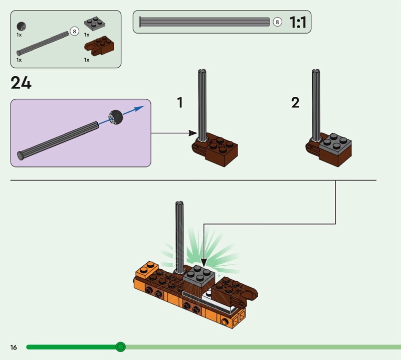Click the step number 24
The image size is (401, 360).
(x=21, y=83)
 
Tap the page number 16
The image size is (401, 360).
(x=14, y=347)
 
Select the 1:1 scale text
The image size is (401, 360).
(x=298, y=22)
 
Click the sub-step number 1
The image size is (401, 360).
(x=180, y=103)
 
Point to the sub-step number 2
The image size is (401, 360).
(x=295, y=103)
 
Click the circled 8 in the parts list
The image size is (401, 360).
(x=75, y=31)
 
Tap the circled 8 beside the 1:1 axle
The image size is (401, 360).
(x=277, y=22)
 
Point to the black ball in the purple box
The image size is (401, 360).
(x=116, y=116)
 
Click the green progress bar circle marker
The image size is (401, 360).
(x=120, y=347)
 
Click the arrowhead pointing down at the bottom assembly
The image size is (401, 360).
(x=204, y=262)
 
